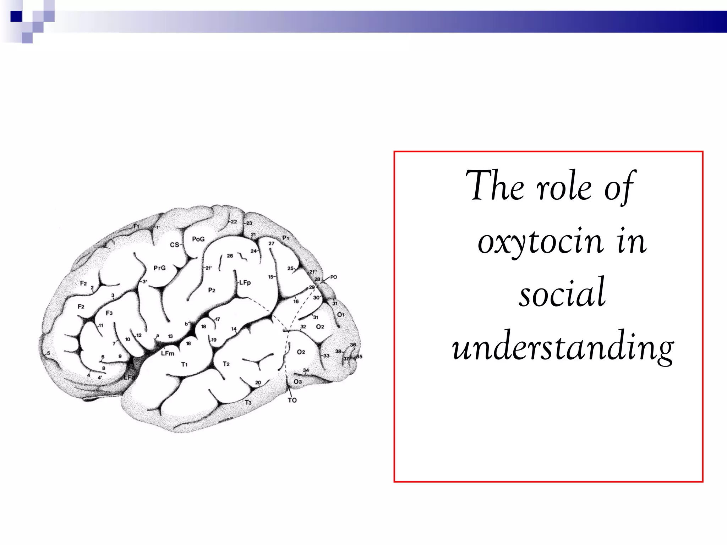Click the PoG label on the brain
pyautogui.click(x=198, y=239)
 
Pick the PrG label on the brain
pyautogui.click(x=159, y=268)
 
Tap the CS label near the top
pyautogui.click(x=174, y=245)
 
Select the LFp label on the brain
pyautogui.click(x=245, y=282)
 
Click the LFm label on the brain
pyautogui.click(x=168, y=353)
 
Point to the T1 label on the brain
pyautogui.click(x=184, y=364)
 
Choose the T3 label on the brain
pyautogui.click(x=248, y=402)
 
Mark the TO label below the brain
pyautogui.click(x=292, y=400)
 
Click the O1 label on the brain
pyautogui.click(x=340, y=315)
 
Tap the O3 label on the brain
pyautogui.click(x=297, y=381)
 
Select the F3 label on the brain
pyautogui.click(x=109, y=313)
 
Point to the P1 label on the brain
pyautogui.click(x=285, y=238)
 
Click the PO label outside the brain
pyautogui.click(x=333, y=277)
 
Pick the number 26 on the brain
pyautogui.click(x=230, y=256)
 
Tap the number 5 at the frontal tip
pyautogui.click(x=49, y=353)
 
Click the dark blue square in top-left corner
pyautogui.click(x=16, y=16)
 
